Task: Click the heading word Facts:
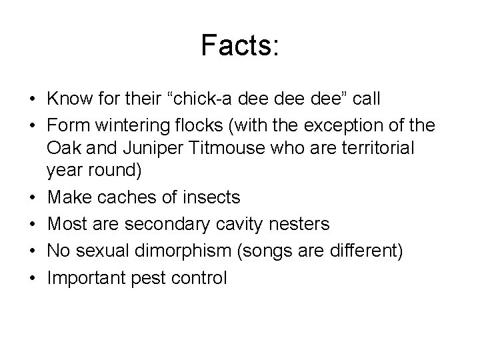(x=240, y=47)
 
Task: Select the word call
(x=367, y=99)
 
